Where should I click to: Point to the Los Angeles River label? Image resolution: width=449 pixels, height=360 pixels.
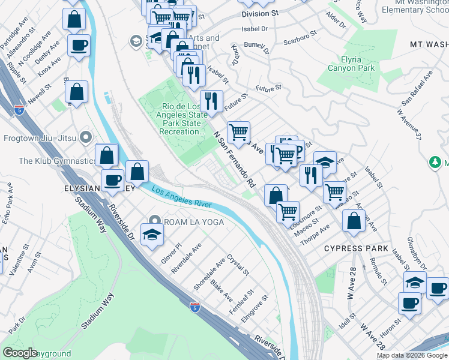pyautogui.click(x=181, y=196)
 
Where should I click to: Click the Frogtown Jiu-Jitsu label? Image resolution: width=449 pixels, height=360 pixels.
pyautogui.click(x=40, y=137)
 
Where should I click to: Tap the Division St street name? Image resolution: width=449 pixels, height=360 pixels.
pyautogui.click(x=261, y=13)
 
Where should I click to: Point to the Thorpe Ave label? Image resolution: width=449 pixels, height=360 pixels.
pyautogui.click(x=316, y=232)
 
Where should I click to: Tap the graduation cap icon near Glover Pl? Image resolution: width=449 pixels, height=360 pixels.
pyautogui.click(x=152, y=234)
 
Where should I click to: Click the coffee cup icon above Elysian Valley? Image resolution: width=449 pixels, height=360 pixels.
pyautogui.click(x=112, y=180)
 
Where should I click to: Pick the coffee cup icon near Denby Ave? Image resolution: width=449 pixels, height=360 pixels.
pyautogui.click(x=79, y=44)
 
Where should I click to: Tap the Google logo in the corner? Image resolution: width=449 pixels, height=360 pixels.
pyautogui.click(x=20, y=353)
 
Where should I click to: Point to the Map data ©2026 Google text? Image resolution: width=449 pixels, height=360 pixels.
pyautogui.click(x=411, y=355)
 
